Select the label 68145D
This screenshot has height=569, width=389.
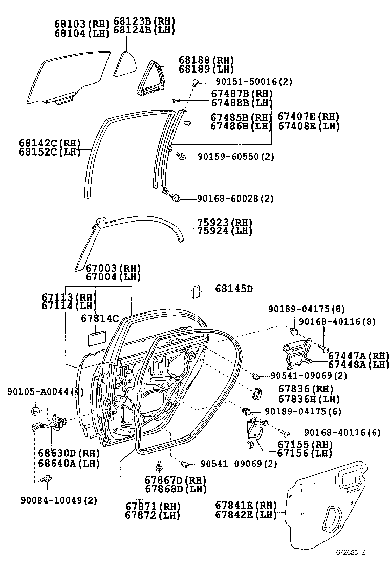[233, 289]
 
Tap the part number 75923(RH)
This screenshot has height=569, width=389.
[225, 223]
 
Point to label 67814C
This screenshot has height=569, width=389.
[100, 318]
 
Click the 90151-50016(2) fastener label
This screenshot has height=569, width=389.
[247, 82]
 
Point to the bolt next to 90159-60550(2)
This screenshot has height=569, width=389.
[180, 156]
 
